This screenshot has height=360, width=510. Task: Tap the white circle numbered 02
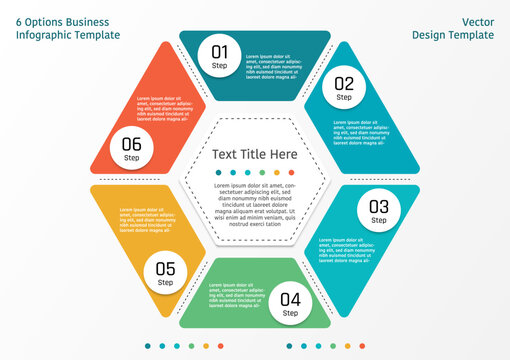pos(344,88)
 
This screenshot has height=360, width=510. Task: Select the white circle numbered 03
pos(379,211)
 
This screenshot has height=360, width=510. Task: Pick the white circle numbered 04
pos(290,302)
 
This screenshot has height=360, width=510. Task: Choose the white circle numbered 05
pos(166,272)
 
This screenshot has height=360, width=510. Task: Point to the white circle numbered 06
pos(132,148)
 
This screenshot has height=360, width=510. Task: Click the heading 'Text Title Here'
pos(254,154)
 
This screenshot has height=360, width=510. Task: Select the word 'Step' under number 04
pos(290,313)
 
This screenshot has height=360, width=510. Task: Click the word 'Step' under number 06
pos(132,158)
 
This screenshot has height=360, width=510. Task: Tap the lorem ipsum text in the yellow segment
pos(148,221)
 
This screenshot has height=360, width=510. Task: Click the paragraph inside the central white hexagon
pos(256,205)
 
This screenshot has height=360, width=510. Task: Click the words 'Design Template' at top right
pos(454,35)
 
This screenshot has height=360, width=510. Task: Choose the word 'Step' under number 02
pos(344,98)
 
